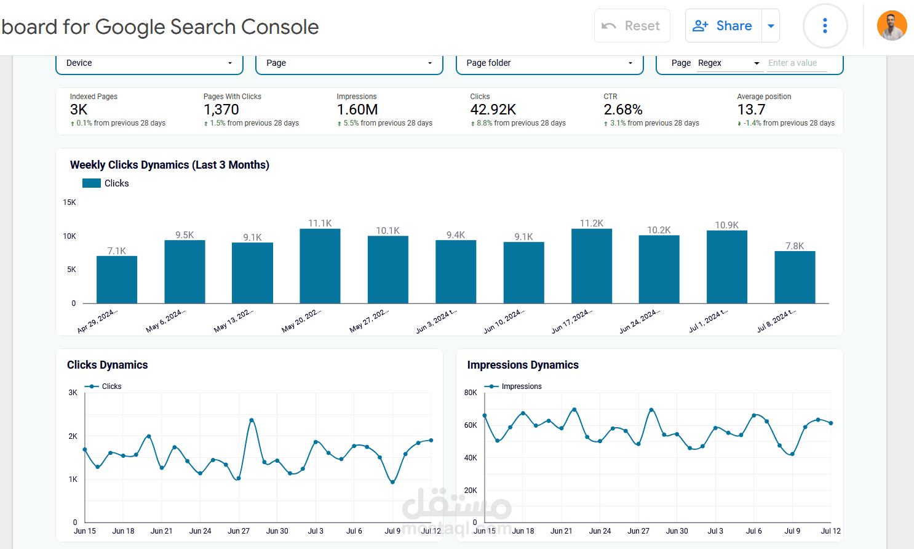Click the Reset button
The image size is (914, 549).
tap(632, 26)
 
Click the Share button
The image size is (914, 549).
tap(723, 26)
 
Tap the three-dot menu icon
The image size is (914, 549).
tap(825, 26)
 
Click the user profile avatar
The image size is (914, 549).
tap(891, 26)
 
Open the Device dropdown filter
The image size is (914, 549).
tap(149, 63)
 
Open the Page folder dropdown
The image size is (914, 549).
tap(549, 63)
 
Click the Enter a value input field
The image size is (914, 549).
tap(797, 63)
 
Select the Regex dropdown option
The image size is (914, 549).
tap(729, 63)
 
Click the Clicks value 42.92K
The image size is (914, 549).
tap(493, 110)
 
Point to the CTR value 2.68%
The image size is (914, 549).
tap(622, 110)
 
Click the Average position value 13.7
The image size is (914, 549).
tap(751, 110)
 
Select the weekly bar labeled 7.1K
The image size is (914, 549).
tap(117, 280)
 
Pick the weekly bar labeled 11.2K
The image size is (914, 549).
tap(592, 266)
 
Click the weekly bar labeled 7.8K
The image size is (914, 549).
tap(795, 278)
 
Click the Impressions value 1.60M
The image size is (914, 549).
tap(357, 110)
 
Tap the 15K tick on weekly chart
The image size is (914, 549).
tap(70, 202)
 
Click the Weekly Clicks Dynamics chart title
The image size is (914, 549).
tap(170, 165)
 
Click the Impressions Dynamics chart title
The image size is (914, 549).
tap(523, 365)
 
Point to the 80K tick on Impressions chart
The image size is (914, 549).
tap(471, 393)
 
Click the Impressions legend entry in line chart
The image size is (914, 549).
tap(521, 387)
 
